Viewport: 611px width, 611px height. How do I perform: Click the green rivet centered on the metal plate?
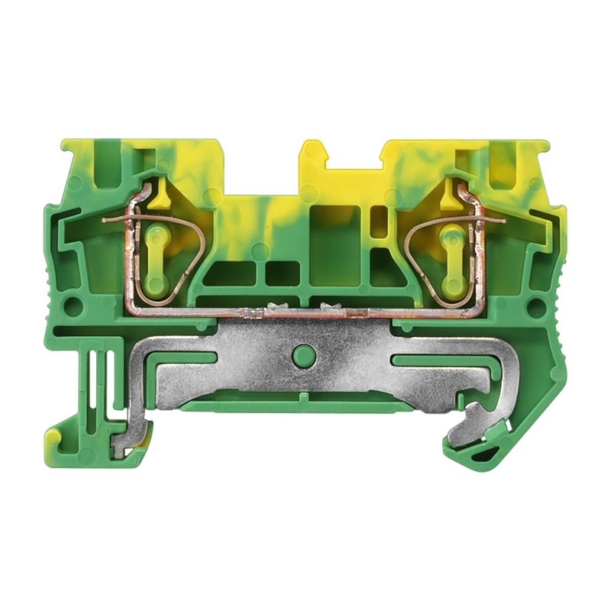(x=304, y=356)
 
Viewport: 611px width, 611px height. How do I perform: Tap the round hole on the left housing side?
(x=74, y=307)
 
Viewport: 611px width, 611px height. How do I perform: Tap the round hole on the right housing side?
(x=537, y=308)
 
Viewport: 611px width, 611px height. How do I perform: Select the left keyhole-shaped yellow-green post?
(x=156, y=259)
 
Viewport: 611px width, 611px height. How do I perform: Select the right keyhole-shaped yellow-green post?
(x=453, y=260)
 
